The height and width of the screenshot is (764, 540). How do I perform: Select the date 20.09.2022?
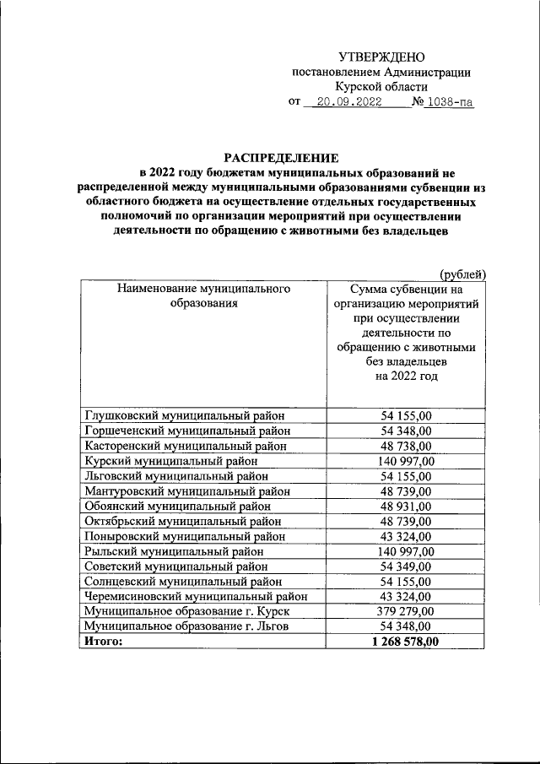point(345,103)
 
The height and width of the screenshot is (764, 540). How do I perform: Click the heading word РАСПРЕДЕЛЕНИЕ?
point(281,157)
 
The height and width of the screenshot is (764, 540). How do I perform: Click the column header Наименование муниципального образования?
point(203,295)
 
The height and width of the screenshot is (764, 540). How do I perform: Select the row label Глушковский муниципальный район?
point(184,415)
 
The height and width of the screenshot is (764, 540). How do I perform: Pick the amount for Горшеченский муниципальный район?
point(407,431)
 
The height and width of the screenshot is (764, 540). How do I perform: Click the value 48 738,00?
point(407,446)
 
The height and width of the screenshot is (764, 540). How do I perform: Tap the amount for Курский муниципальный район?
point(407,461)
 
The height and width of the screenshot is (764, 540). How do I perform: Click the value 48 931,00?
point(407,507)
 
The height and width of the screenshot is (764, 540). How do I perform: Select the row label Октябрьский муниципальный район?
point(182,522)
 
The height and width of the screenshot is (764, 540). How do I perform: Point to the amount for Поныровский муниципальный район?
point(407,537)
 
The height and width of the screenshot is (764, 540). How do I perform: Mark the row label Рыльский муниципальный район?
point(174,551)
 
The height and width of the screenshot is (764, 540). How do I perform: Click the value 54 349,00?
point(407,566)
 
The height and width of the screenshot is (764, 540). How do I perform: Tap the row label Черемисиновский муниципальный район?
point(196,597)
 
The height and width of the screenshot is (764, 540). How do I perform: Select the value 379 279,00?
point(407,612)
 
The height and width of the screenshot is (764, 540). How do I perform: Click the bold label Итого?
point(103,642)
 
